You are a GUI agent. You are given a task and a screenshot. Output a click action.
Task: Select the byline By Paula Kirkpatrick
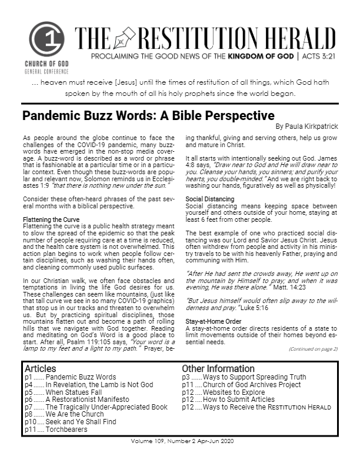point(306,126)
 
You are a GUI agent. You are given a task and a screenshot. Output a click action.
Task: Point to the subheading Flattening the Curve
point(48,220)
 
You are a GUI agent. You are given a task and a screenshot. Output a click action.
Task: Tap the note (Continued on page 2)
point(313,348)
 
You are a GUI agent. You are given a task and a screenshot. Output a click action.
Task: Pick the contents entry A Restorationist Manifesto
point(87,399)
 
